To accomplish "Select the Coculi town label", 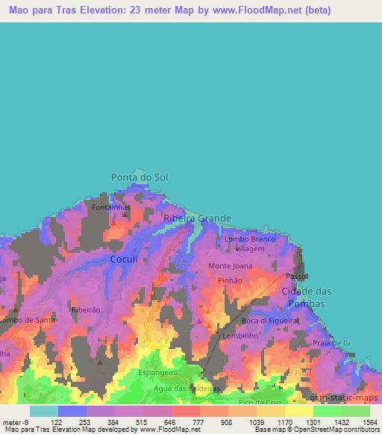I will point(124,258).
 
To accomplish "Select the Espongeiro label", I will point(157,371).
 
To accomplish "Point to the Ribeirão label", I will point(84,309).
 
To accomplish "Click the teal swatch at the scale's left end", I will point(43,411).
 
